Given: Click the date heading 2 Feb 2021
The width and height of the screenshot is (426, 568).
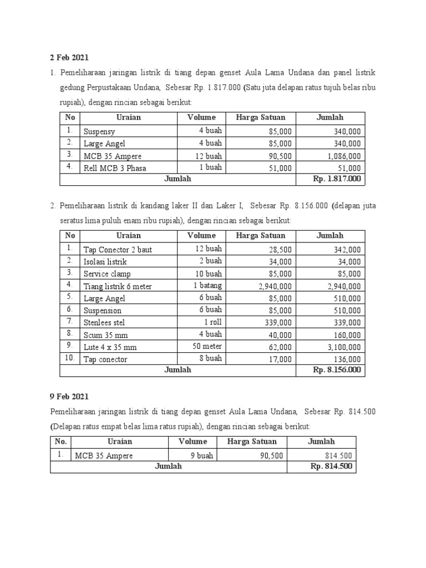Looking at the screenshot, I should [x=69, y=57].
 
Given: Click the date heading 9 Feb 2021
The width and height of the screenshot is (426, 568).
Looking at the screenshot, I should [x=69, y=397].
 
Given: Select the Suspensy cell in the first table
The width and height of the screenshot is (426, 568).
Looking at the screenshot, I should [x=99, y=132].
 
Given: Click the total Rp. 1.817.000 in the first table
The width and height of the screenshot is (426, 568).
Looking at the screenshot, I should [x=337, y=179].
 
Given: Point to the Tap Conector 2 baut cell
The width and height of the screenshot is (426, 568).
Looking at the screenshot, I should [x=118, y=250].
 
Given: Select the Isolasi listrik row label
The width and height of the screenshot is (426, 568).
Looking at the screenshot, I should [x=105, y=262].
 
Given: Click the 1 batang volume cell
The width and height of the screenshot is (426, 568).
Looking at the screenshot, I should [x=207, y=286].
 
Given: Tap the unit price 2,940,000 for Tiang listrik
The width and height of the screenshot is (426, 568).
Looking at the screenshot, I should [x=275, y=286].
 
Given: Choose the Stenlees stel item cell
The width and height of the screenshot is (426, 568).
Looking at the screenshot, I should [x=104, y=323].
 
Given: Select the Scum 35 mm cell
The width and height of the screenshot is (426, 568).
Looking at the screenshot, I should [x=102, y=335].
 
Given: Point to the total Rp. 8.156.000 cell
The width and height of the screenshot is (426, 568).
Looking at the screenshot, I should [x=337, y=370].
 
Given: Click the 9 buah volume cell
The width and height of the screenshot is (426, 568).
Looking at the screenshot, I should [x=202, y=455].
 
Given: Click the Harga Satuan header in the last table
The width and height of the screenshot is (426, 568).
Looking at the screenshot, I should [x=251, y=442].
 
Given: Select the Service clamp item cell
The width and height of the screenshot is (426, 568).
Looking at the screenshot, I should [x=108, y=274].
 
